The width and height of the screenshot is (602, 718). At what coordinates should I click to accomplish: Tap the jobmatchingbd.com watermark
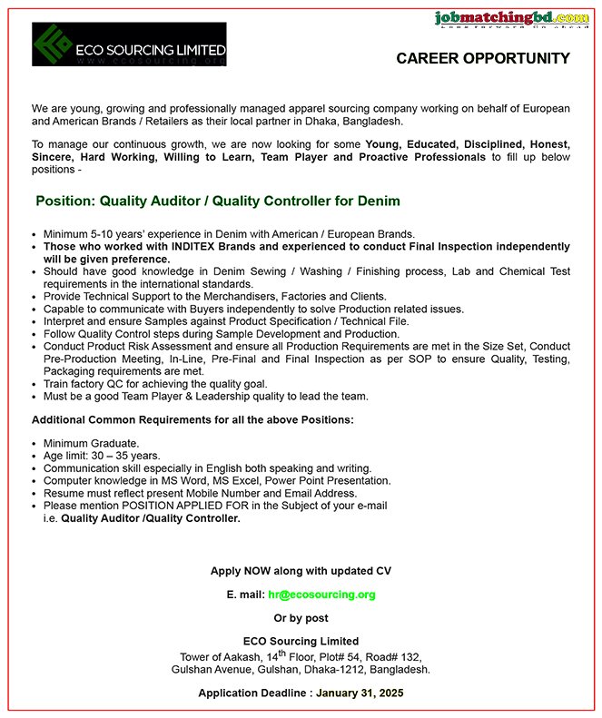coord(511,17)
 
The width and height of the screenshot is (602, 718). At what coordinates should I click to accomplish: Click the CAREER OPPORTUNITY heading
coord(483,59)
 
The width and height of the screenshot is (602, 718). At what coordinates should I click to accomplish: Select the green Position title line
coord(217,201)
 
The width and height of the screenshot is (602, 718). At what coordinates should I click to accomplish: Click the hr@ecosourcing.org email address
coord(321,595)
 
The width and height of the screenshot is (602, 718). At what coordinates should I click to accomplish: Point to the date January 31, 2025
coord(360,693)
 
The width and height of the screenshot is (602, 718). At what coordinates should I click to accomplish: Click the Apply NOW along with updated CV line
coord(301,571)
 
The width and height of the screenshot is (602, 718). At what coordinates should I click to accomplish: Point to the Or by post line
coord(301,618)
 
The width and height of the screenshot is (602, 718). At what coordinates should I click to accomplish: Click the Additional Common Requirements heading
coord(192,419)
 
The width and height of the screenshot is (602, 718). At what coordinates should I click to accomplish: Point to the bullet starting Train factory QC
coord(154,384)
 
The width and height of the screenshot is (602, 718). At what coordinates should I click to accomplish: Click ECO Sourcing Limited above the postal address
coord(301,641)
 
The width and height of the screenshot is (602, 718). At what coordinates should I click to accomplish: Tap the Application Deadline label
coord(255,693)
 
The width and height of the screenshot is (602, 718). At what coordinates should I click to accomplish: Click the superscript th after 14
coord(283,652)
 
